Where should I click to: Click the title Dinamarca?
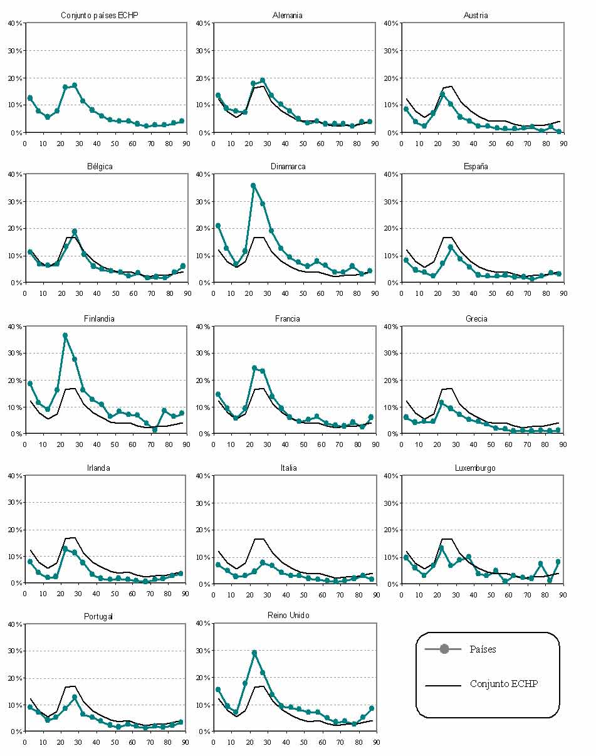(288, 167)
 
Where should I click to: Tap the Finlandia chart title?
(100, 318)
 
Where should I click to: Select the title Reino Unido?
(289, 616)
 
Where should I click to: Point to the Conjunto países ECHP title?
(100, 15)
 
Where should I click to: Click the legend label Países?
(483, 649)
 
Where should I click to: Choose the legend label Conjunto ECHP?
(503, 684)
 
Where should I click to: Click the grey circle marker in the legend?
(444, 649)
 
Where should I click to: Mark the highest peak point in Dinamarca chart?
(253, 186)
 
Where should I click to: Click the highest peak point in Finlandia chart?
(65, 335)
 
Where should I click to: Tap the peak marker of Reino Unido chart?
(254, 653)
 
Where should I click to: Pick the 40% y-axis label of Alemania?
(202, 23)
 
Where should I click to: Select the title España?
(476, 167)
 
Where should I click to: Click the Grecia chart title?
(476, 318)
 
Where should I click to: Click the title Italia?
(288, 468)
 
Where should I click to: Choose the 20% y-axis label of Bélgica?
(14, 229)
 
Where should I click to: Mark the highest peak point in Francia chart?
(254, 368)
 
